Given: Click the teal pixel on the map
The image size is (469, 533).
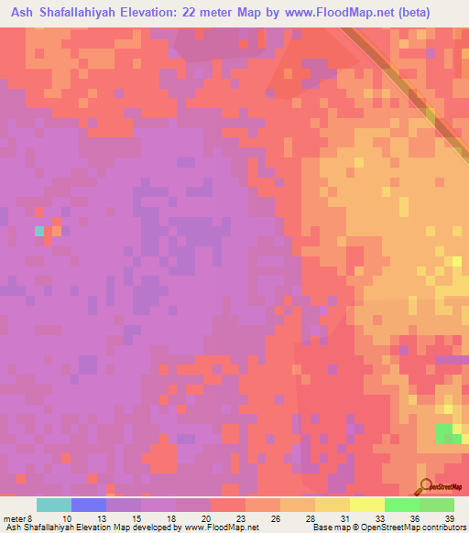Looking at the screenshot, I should pos(38,231).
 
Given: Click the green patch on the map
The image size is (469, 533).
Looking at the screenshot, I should pos(448,434).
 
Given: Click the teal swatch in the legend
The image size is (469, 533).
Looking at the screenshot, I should pos(54,505).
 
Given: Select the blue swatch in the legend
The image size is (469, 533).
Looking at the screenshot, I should pos(89,505).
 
